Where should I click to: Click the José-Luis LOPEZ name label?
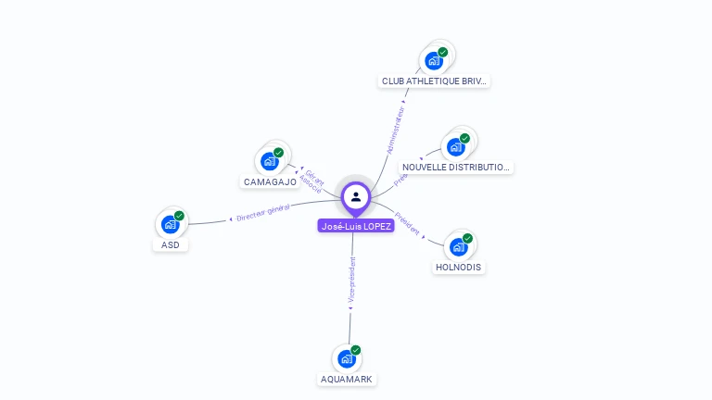pos(356,226)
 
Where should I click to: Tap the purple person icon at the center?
pos(356,196)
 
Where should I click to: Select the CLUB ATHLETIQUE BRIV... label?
pos(435,81)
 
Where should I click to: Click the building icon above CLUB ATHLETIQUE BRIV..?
pos(434,61)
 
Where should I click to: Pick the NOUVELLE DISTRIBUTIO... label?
pos(456,168)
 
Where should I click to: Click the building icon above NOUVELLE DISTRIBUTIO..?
pos(455,146)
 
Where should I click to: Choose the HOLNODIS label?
pos(459,268)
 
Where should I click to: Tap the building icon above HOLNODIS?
pos(458,247)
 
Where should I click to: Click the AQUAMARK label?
pos(348,380)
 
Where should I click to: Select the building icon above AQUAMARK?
pos(347,358)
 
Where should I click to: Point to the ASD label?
pos(171,245)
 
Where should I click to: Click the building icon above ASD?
pos(170,224)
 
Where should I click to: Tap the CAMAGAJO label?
pos(270,182)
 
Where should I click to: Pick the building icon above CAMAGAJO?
pos(270,161)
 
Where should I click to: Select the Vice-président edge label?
pos(351,280)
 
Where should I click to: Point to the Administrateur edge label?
pos(396,130)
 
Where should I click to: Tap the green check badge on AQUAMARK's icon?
pos(356,351)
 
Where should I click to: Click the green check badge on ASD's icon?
pos(179,216)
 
